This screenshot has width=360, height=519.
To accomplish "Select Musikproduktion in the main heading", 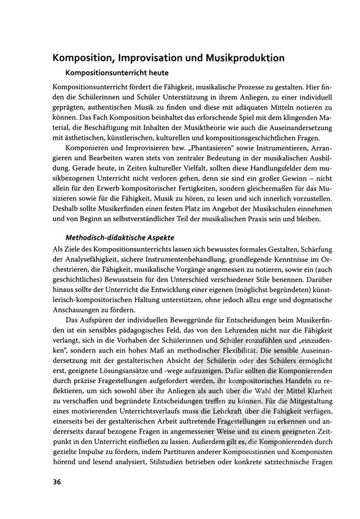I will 245,59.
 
